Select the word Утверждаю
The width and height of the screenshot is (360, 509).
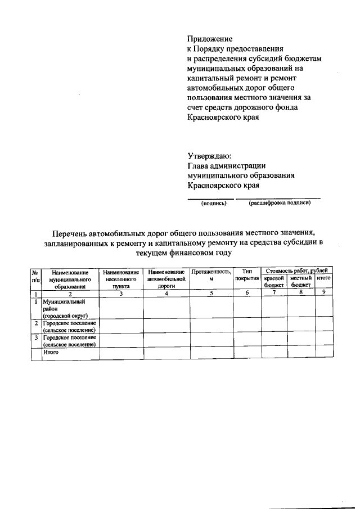[209, 156]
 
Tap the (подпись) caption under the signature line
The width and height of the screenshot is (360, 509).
[214, 204]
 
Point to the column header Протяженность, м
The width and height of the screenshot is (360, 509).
[211, 276]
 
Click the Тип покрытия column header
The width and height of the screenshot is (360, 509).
[247, 275]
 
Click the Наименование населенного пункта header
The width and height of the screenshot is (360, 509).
[121, 278]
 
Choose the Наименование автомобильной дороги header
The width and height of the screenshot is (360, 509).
[166, 278]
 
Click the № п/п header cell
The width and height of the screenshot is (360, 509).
[35, 275]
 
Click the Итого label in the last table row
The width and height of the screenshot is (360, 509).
[51, 352]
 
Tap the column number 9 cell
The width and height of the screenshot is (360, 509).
[323, 292]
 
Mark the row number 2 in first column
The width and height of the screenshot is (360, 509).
[36, 323]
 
